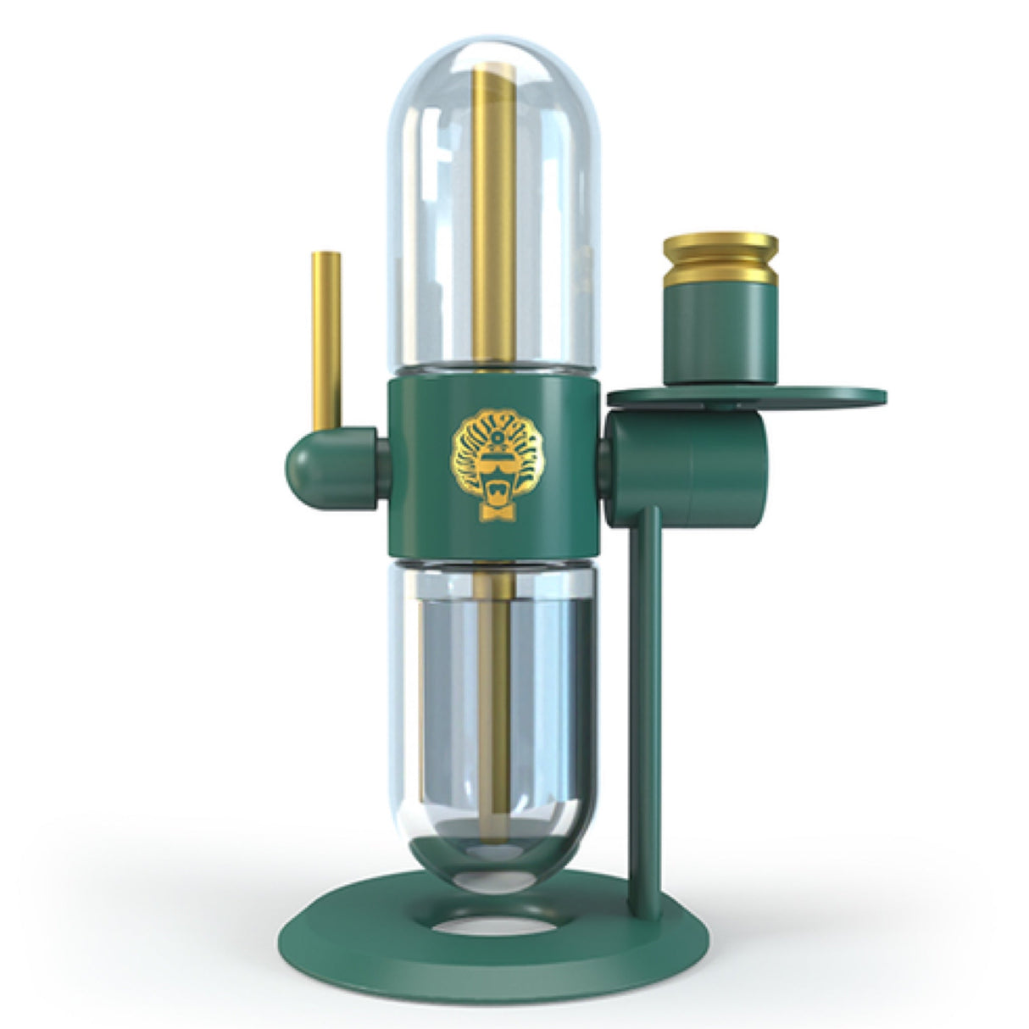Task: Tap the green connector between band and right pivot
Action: [605, 459]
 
